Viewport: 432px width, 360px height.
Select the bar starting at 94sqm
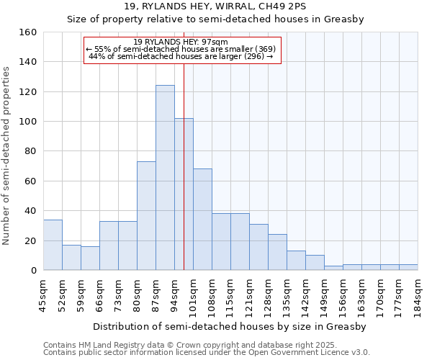(184, 194)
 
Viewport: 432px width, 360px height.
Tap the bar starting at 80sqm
(146, 216)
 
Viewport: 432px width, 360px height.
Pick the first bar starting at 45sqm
(53, 245)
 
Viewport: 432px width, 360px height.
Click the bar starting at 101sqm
(202, 220)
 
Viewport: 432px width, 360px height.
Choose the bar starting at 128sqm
(277, 252)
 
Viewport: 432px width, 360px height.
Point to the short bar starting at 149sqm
(333, 268)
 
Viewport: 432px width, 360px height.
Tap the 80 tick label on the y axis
(30, 151)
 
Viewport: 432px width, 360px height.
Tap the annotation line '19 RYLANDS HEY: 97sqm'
(181, 42)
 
